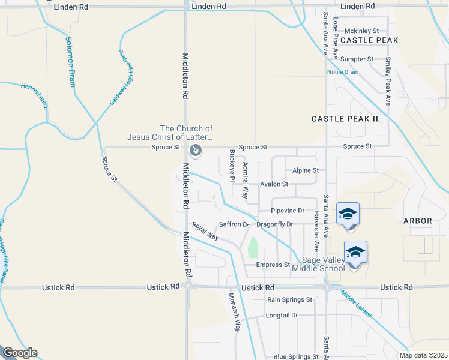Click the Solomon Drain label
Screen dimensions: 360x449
(x=71, y=61)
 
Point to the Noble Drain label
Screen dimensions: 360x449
(x=342, y=72)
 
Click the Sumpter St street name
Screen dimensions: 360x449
(x=357, y=59)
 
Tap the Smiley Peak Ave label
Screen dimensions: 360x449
(x=388, y=82)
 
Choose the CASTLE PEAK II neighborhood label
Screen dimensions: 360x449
(x=345, y=119)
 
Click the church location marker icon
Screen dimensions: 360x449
(x=195, y=149)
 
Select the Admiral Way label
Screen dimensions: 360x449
(x=245, y=181)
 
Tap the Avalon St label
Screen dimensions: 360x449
(x=274, y=184)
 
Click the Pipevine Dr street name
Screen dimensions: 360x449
(x=288, y=211)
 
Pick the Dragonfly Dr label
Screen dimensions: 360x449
(x=274, y=224)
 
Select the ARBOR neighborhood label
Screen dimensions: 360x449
(x=417, y=221)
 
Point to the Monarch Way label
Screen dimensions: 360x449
(x=233, y=313)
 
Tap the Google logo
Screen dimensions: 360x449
(x=20, y=353)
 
